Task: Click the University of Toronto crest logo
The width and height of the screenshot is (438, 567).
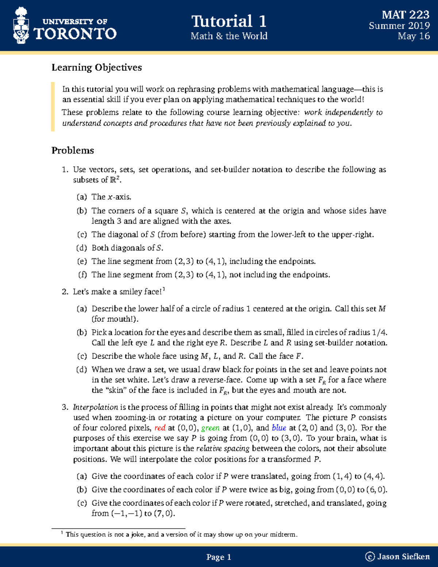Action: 21,26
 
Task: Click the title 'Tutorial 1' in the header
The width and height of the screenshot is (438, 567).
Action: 229,21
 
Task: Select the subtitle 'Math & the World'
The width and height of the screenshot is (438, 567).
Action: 229,36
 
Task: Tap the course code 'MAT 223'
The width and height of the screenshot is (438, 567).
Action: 405,15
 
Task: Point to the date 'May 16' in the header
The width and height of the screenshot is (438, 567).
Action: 414,36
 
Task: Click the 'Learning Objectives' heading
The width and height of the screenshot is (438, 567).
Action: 96,68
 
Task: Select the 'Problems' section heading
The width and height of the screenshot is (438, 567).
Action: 73,150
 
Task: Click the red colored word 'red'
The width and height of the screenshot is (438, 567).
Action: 160,428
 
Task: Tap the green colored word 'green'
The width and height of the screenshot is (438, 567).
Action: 210,428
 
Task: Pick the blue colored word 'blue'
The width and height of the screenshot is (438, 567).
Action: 279,428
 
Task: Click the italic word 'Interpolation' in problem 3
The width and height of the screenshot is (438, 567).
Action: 95,407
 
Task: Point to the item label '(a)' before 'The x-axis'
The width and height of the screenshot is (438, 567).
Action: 82,197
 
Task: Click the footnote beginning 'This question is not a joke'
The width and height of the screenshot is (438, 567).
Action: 181,535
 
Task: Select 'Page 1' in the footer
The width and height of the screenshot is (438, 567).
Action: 219,557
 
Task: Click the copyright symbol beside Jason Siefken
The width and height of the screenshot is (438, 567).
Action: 370,557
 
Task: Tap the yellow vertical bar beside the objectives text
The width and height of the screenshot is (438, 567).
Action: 53,107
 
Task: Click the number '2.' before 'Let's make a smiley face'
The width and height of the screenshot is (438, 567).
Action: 65,292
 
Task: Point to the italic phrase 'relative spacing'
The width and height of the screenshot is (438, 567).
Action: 223,449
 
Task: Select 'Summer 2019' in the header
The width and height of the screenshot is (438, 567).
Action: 399,26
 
